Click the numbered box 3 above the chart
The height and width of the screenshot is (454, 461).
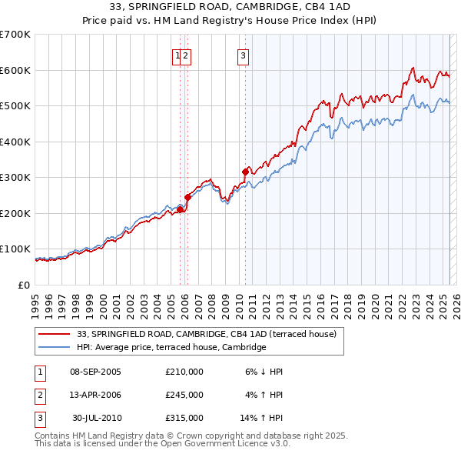[x=243, y=55]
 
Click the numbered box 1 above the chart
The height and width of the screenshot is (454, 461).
[x=177, y=55]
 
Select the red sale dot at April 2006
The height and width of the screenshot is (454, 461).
[x=187, y=197]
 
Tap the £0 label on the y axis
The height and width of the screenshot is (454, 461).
[x=25, y=285]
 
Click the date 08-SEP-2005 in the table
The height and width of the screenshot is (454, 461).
[x=95, y=372]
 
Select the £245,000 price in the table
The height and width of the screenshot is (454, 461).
[x=184, y=395]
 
